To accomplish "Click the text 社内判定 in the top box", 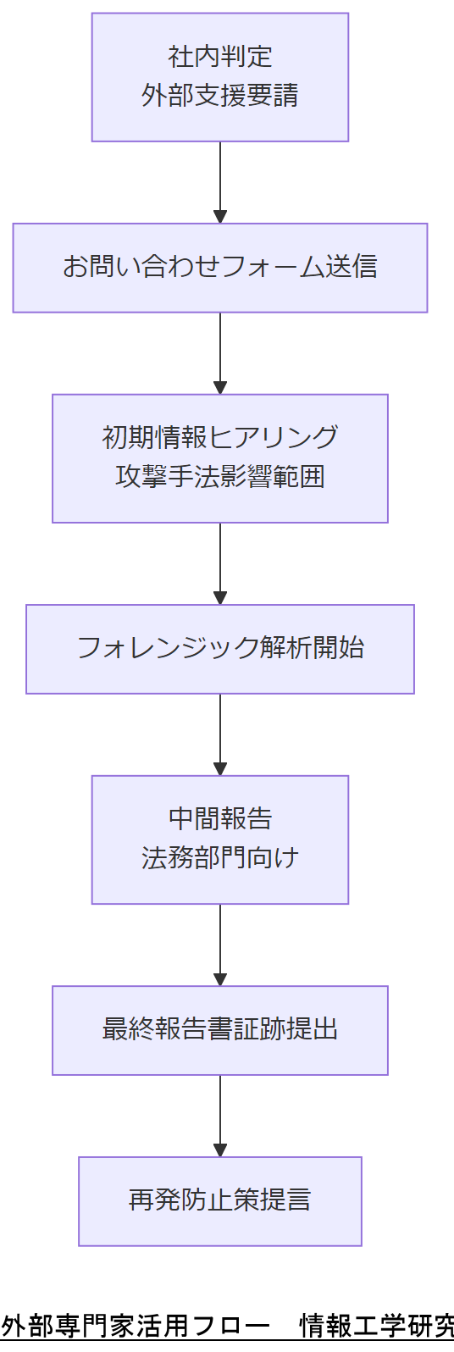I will click(x=220, y=57).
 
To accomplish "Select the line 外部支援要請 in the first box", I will click(x=220, y=96).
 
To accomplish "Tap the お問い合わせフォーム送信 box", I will click(x=220, y=268).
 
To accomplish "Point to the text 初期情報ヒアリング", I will click(x=220, y=437).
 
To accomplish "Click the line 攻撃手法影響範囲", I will click(x=220, y=477).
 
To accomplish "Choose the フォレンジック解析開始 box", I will click(x=220, y=648).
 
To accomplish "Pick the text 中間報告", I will click(x=220, y=818).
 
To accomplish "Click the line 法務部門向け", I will click(x=220, y=858).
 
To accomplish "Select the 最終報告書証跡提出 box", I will click(x=220, y=1029).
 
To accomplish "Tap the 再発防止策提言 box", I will click(x=220, y=1200).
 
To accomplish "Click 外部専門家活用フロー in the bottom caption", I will click(x=136, y=1326).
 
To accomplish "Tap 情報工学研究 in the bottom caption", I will click(x=377, y=1326).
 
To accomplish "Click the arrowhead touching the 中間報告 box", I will click(x=220, y=769).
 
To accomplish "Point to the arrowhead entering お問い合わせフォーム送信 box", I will click(x=220, y=217).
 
